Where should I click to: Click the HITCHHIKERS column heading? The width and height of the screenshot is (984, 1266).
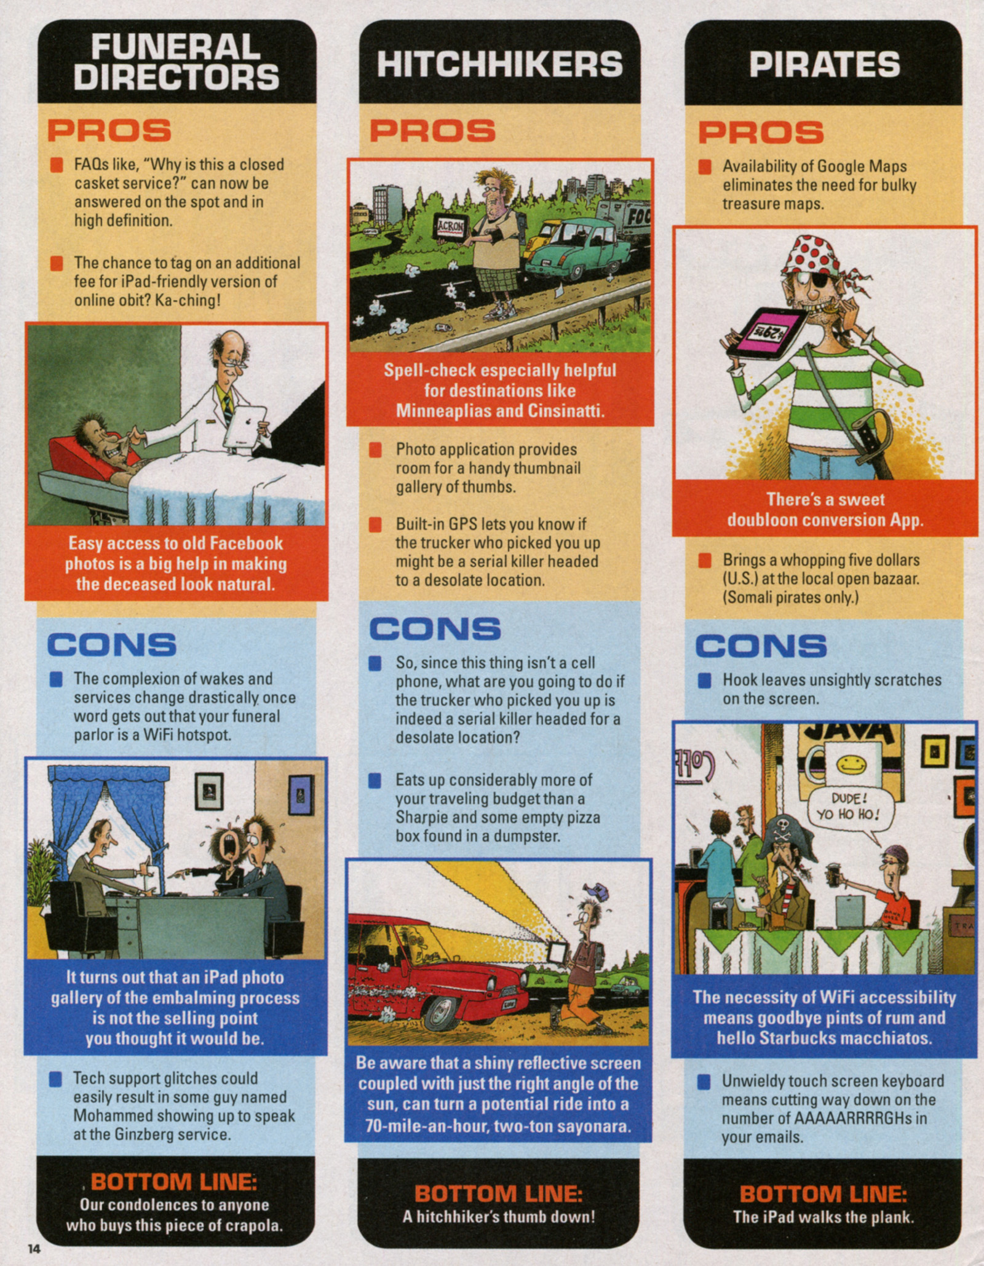pos(499,64)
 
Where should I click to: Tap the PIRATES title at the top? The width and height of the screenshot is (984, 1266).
pos(824,64)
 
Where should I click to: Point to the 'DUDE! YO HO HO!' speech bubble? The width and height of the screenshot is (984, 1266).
pos(847,807)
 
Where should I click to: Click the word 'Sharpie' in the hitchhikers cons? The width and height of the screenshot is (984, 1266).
pos(426,817)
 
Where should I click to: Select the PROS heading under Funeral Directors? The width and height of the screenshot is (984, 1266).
pos(109,130)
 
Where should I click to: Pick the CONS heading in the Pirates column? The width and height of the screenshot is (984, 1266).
pos(761,646)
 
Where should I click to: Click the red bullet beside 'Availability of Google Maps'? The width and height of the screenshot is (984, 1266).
pos(705,167)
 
